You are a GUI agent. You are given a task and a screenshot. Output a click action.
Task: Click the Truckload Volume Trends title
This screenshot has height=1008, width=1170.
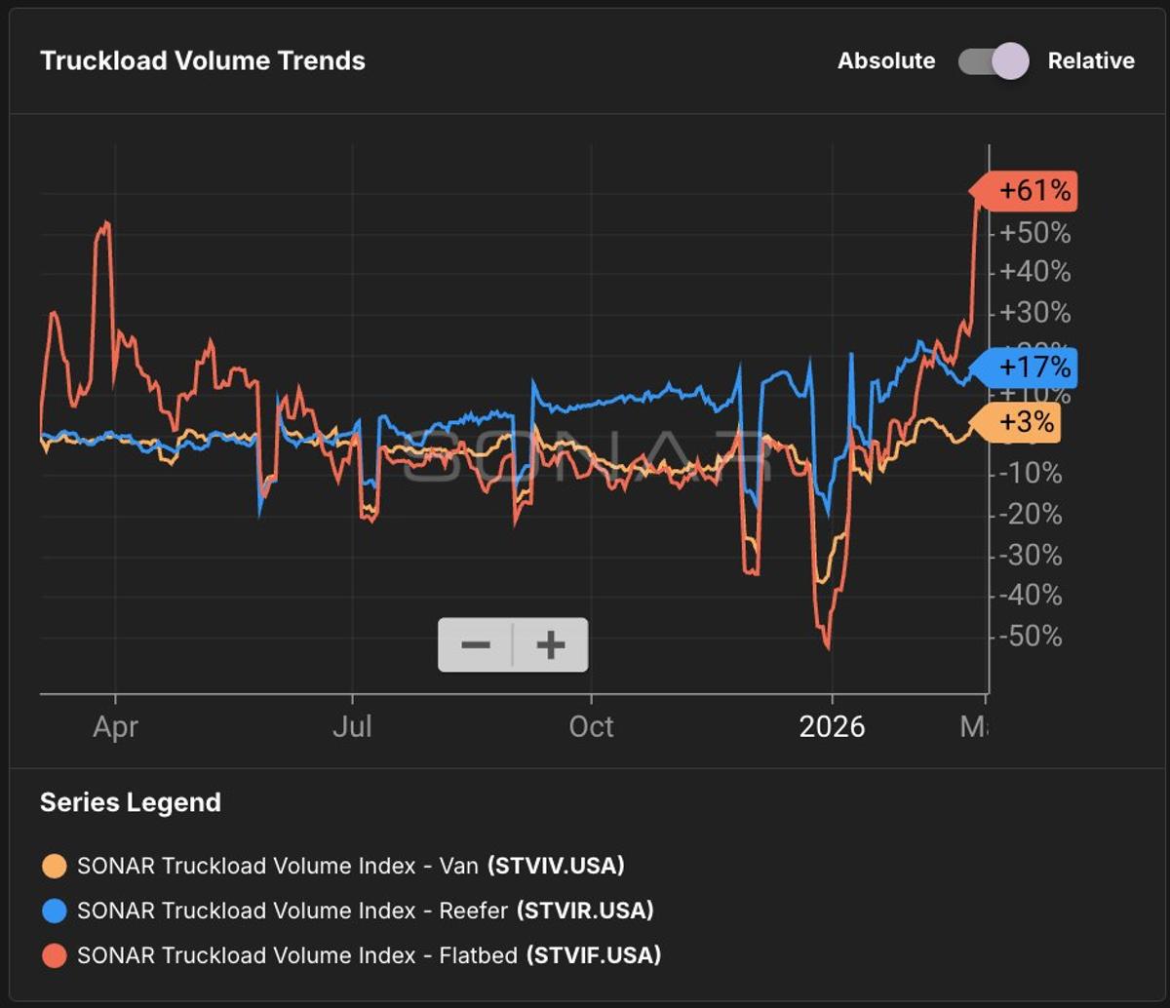click(203, 60)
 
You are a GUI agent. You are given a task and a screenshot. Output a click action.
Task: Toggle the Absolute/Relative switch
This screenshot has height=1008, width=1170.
click(993, 61)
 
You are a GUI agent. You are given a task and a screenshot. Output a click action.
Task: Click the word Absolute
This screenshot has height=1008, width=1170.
click(885, 61)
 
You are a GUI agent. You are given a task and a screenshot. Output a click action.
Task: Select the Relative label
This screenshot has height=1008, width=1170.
click(1090, 61)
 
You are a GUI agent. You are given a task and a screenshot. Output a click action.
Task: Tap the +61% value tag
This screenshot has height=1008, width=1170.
click(1028, 191)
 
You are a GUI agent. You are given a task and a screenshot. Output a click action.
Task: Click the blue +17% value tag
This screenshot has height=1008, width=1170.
click(1028, 368)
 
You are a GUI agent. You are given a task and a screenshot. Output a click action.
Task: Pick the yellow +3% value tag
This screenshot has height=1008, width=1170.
click(1020, 423)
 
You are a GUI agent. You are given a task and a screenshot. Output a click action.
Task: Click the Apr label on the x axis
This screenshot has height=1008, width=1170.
click(115, 727)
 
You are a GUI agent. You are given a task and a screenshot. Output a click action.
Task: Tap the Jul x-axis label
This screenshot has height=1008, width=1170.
click(351, 727)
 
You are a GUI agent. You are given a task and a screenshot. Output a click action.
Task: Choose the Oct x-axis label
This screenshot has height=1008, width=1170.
click(591, 727)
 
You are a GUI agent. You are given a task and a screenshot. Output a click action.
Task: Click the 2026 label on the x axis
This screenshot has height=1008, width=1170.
click(832, 727)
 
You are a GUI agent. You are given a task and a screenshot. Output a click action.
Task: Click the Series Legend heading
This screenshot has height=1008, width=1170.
click(131, 802)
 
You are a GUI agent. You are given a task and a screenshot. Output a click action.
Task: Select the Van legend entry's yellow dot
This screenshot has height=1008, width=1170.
click(55, 866)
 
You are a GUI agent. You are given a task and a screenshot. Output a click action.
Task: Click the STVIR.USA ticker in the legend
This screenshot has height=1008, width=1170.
click(585, 911)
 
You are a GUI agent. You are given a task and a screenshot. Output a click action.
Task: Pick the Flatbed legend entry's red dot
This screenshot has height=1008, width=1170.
click(55, 955)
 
